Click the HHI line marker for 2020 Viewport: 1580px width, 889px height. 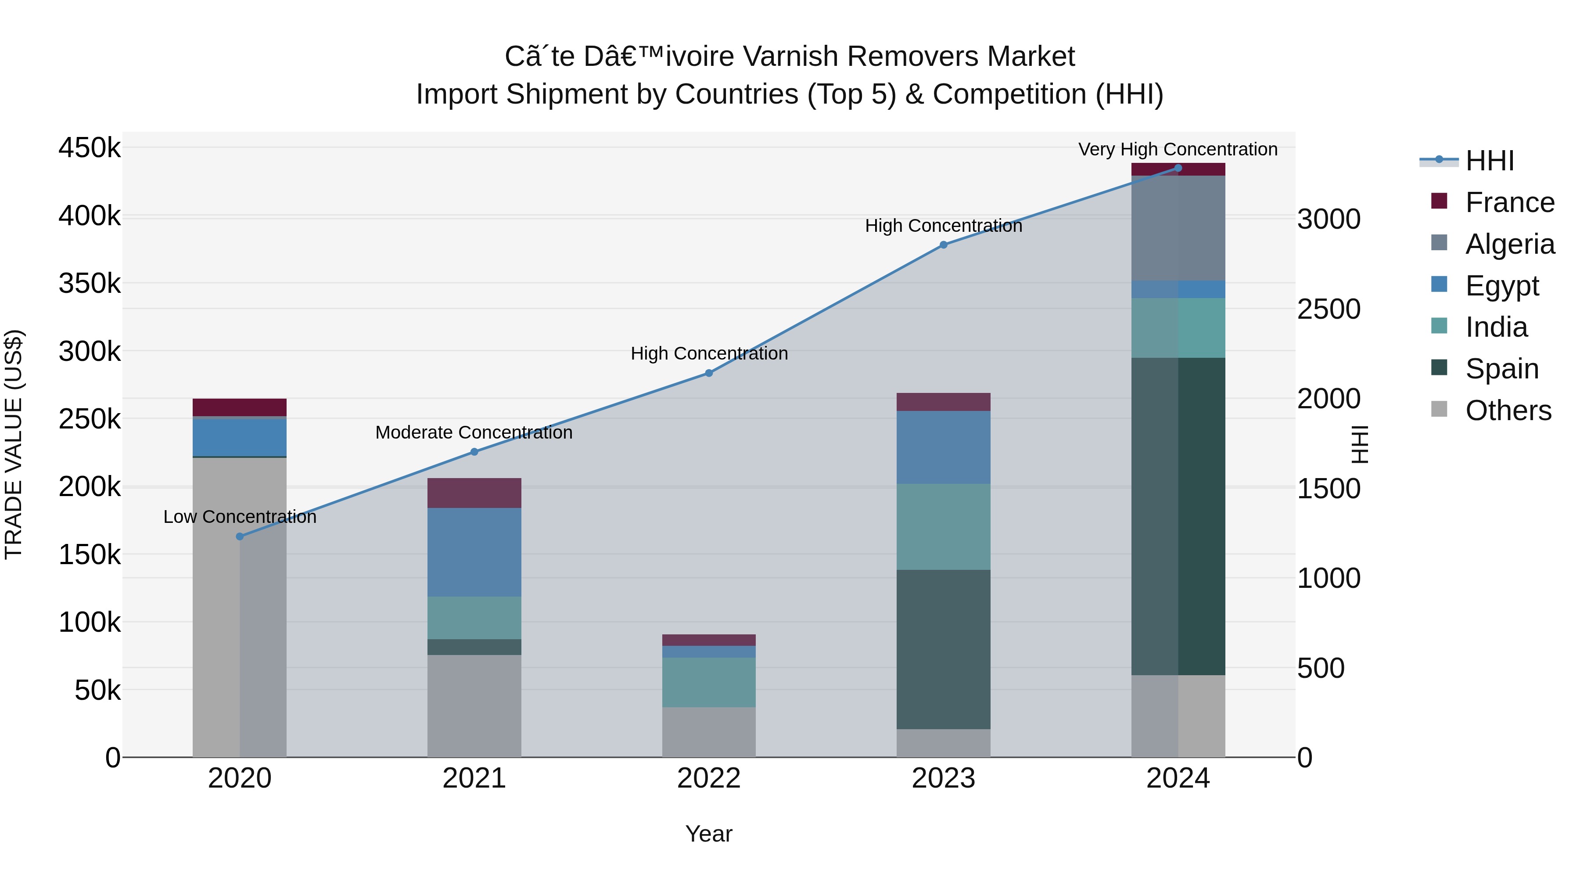[240, 536]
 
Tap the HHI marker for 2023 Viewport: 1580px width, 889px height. [943, 245]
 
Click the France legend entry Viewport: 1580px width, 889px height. [1509, 202]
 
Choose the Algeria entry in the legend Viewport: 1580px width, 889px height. [1509, 244]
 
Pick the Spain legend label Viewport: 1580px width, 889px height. [1501, 369]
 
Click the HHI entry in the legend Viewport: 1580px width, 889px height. [1489, 161]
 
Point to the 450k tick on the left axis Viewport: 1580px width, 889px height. [90, 148]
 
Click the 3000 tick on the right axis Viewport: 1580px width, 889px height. [1329, 219]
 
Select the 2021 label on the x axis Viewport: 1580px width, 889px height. [474, 778]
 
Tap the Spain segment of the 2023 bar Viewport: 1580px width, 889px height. [943, 649]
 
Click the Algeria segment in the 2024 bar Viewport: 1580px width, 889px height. [1178, 228]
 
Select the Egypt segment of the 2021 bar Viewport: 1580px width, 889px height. [474, 552]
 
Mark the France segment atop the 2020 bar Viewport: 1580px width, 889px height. [240, 407]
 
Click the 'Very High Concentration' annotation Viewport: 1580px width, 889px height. [1178, 149]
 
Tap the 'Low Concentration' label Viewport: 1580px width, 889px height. [240, 517]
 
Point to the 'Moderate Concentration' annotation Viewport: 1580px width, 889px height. [474, 432]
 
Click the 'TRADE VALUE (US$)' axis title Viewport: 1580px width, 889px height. [14, 444]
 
